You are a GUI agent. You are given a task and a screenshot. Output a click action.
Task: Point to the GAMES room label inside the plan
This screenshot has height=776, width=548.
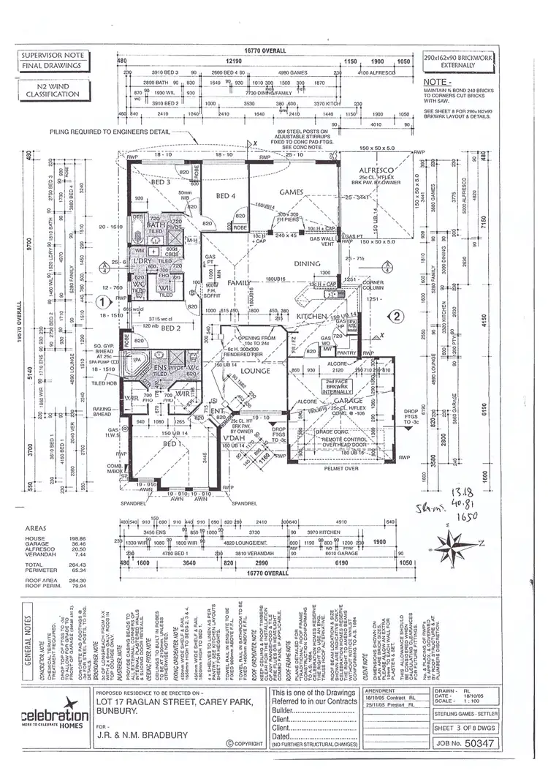click(292, 191)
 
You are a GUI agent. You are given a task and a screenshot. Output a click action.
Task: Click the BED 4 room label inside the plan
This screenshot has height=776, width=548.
click(225, 195)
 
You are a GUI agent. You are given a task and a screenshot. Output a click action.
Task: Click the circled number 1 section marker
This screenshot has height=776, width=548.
click(104, 300)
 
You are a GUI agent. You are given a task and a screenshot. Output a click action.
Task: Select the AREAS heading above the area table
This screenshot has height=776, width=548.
click(36, 527)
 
